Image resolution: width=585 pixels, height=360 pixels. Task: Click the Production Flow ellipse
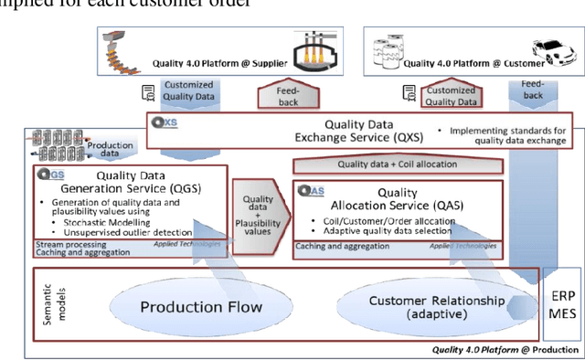coord(200,306)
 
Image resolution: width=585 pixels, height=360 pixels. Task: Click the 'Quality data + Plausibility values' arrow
coord(259,214)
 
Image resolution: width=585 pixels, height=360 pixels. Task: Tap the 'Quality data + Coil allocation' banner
coord(399,165)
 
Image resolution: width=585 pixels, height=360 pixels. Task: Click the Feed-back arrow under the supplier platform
coord(285,94)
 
